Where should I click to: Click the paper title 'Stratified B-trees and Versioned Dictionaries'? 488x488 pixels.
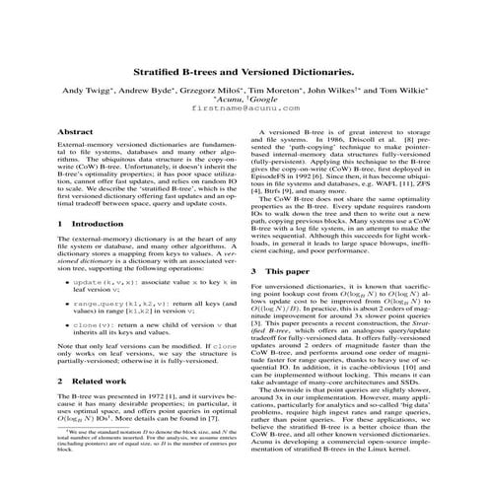point(244,73)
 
